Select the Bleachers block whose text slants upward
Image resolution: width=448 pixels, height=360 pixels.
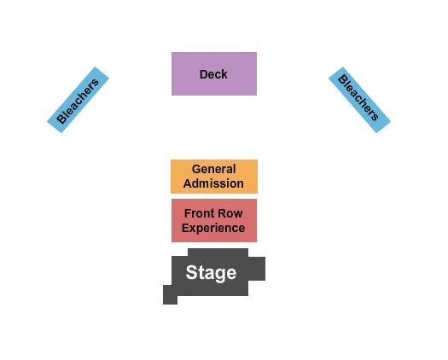[x=78, y=100]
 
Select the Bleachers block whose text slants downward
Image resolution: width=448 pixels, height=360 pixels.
[x=359, y=100]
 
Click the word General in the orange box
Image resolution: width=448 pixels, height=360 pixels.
[x=213, y=169]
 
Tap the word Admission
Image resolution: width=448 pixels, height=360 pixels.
[x=213, y=183]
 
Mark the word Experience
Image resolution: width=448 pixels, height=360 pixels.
[x=213, y=228]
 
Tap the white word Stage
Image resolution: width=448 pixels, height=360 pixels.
[x=211, y=273]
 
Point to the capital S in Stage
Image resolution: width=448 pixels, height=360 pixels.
[x=192, y=273]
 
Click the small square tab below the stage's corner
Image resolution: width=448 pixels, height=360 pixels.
[x=170, y=294]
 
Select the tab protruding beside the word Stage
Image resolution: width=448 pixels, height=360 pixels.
[x=256, y=269]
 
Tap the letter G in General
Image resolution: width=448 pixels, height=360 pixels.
[x=196, y=169]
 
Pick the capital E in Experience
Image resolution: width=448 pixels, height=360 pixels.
[x=186, y=228]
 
